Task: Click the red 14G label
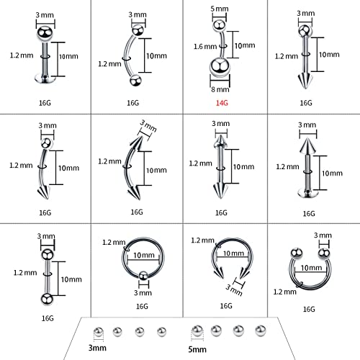(x=220, y=102)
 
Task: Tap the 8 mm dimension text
(x=220, y=90)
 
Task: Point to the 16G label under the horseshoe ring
(x=309, y=308)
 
